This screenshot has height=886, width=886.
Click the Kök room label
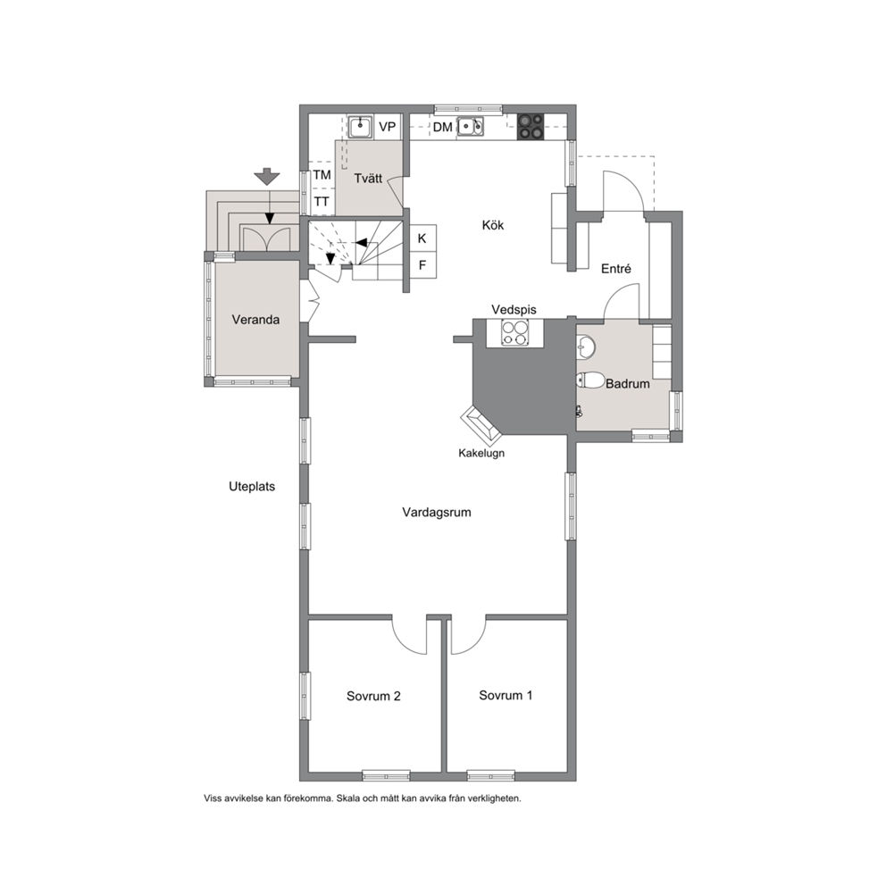493,225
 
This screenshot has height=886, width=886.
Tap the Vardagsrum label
436,512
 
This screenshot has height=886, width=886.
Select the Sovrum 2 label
373,696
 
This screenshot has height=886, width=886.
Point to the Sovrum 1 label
506,695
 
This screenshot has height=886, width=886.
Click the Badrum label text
627,384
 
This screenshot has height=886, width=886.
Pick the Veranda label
255,319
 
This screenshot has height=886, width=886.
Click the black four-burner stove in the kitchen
531,127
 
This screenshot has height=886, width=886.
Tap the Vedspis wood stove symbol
515,333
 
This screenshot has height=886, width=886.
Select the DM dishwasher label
442,127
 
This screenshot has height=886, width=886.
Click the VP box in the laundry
387,127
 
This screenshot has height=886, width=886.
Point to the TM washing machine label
322,175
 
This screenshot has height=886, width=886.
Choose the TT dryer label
322,201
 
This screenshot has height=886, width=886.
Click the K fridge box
422,238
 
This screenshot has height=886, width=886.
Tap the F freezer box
422,265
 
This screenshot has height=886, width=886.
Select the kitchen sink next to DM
470,127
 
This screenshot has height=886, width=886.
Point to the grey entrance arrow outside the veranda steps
267,177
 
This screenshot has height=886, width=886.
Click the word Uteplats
252,487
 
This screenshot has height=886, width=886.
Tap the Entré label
616,269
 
